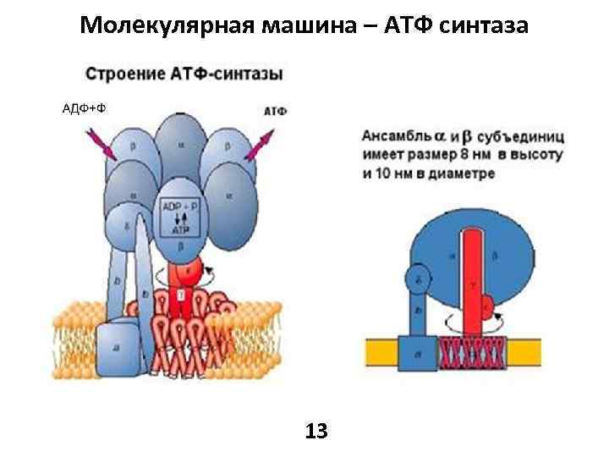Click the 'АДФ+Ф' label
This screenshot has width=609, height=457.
pos(84,107)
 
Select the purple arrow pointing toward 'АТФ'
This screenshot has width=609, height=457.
pos(260,144)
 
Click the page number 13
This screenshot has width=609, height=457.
pos(316,431)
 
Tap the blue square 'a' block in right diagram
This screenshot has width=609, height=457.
pos(420,349)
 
